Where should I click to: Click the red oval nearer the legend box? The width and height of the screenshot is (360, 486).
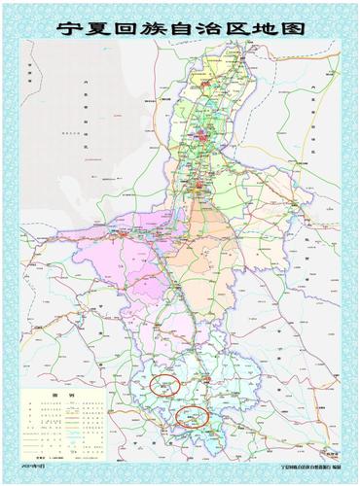[164, 386]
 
